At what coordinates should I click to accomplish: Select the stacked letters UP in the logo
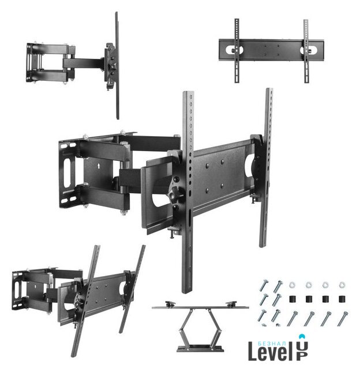(302, 351)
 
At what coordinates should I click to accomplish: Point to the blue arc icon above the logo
(302, 336)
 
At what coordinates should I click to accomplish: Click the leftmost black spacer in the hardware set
(292, 299)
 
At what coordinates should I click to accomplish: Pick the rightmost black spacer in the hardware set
(342, 299)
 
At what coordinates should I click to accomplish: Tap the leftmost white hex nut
(292, 285)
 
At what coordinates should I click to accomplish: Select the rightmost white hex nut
(342, 285)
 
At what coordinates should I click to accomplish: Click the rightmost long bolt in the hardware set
(343, 318)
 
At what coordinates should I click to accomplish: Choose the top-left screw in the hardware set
(263, 285)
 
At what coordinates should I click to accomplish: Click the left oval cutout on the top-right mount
(234, 50)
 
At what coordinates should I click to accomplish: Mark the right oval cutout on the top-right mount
(309, 50)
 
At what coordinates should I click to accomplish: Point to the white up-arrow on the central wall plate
(97, 166)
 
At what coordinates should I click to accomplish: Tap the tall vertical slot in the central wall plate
(67, 172)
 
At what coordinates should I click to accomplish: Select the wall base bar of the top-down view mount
(200, 348)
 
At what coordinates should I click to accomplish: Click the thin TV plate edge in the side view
(117, 65)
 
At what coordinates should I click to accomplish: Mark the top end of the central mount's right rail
(269, 89)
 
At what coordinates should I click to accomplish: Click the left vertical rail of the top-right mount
(237, 51)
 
